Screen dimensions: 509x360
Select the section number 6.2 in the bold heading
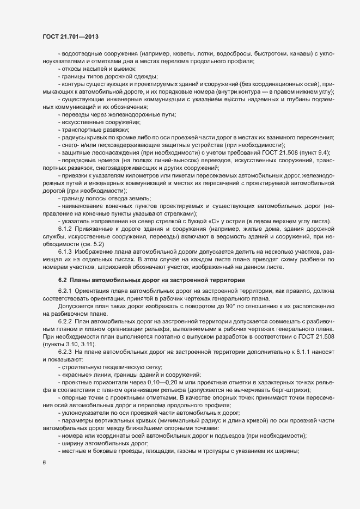point(63,279)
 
